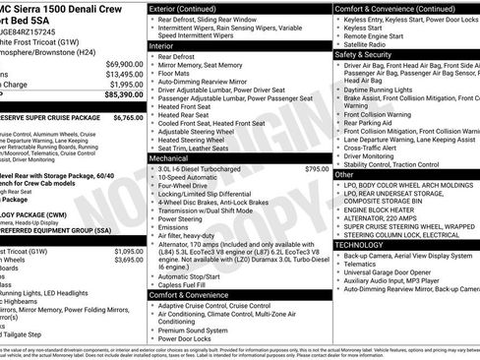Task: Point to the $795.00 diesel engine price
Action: [317, 169]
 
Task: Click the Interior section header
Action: [162, 45]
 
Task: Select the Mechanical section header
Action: [169, 156]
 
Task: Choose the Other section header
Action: [344, 174]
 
